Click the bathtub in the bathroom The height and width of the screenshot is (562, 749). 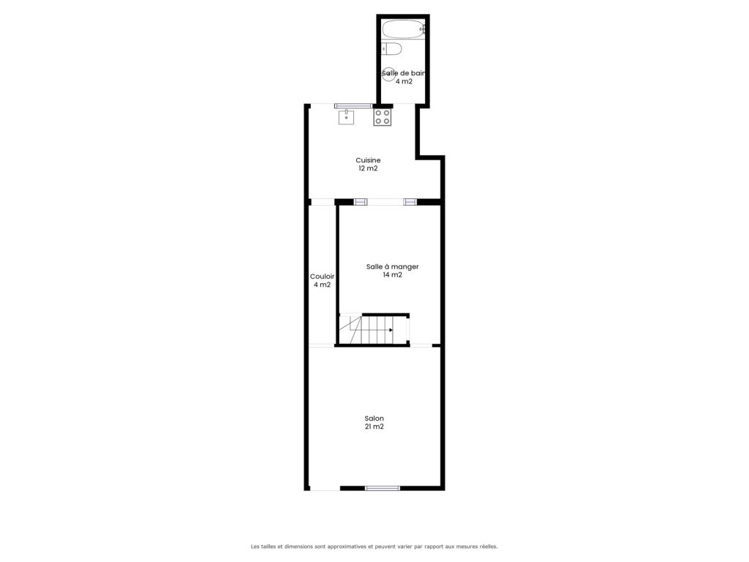click(x=404, y=29)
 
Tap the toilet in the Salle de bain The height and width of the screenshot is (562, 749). click(x=392, y=48)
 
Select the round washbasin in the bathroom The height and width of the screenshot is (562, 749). click(x=389, y=74)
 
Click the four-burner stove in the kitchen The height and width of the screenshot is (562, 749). click(x=382, y=117)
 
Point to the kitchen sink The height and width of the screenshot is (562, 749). click(x=346, y=116)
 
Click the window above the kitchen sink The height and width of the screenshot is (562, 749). click(x=353, y=106)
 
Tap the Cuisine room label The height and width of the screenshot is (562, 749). click(x=368, y=160)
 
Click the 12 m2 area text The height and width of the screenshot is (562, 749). click(x=369, y=168)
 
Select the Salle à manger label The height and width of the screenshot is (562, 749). click(x=392, y=266)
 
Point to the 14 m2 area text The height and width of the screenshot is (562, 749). click(x=392, y=275)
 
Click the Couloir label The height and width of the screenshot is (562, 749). click(x=322, y=276)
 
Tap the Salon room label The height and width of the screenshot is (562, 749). click(x=374, y=418)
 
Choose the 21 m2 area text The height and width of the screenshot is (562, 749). click(x=374, y=427)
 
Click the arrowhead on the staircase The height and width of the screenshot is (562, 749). click(x=391, y=330)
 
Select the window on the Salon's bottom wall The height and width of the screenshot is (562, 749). click(x=382, y=488)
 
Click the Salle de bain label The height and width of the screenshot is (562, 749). click(x=404, y=73)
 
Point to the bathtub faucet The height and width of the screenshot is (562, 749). click(x=422, y=29)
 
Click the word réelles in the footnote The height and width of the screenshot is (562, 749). click(x=488, y=546)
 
